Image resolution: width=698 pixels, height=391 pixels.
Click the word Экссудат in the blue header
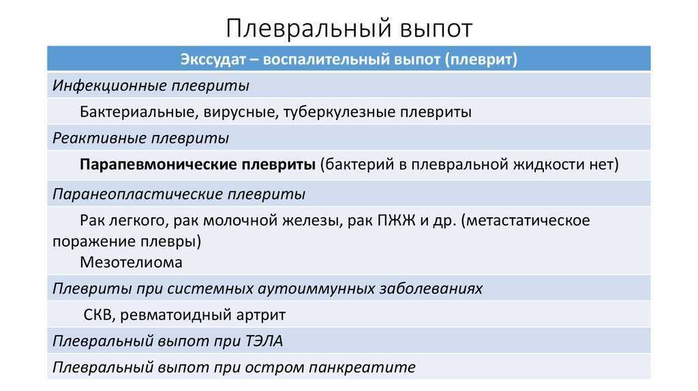213,60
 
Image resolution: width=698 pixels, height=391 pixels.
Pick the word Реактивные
100,138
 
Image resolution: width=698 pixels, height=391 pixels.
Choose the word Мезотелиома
132,262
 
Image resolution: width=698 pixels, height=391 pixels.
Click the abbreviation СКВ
100,315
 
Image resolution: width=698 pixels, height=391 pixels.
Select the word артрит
261,315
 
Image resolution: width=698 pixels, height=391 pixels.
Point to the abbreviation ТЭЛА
264,341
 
